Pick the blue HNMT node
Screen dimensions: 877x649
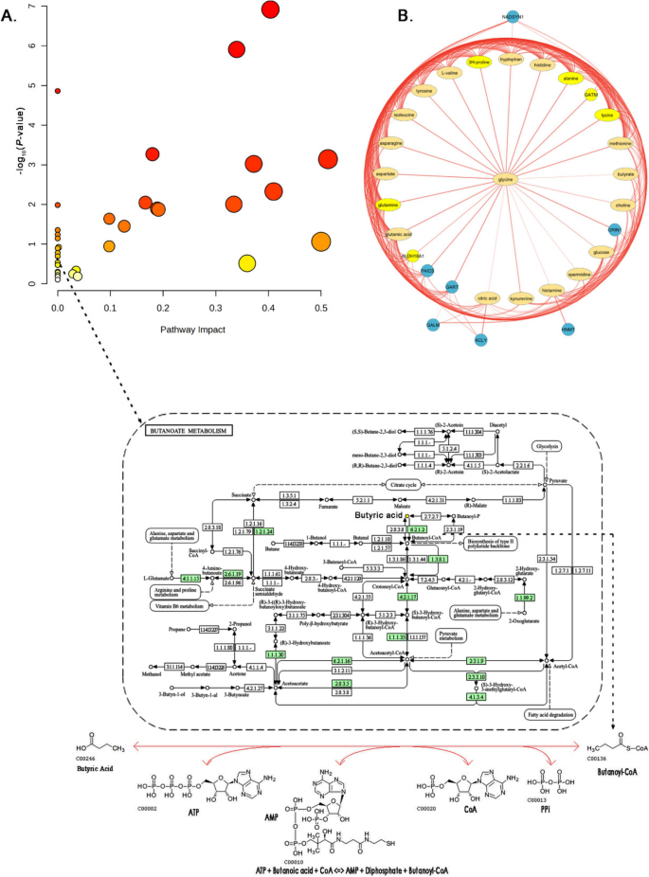click(x=568, y=329)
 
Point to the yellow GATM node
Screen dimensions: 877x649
click(x=589, y=96)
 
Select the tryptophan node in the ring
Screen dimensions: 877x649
click(x=511, y=59)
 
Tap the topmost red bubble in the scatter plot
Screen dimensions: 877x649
click(x=270, y=9)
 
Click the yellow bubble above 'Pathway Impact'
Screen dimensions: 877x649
click(x=247, y=262)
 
